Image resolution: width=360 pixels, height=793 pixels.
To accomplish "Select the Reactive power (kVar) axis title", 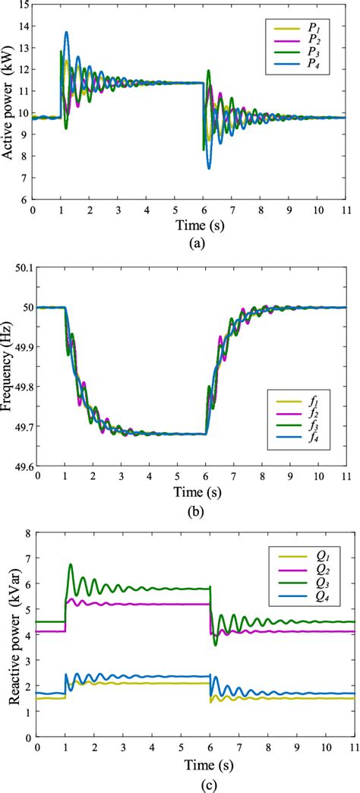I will point(11,635).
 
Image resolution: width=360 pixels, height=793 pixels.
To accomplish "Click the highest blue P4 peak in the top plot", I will point(67,33).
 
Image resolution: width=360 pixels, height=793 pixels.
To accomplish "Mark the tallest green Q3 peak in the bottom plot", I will point(71,565).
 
